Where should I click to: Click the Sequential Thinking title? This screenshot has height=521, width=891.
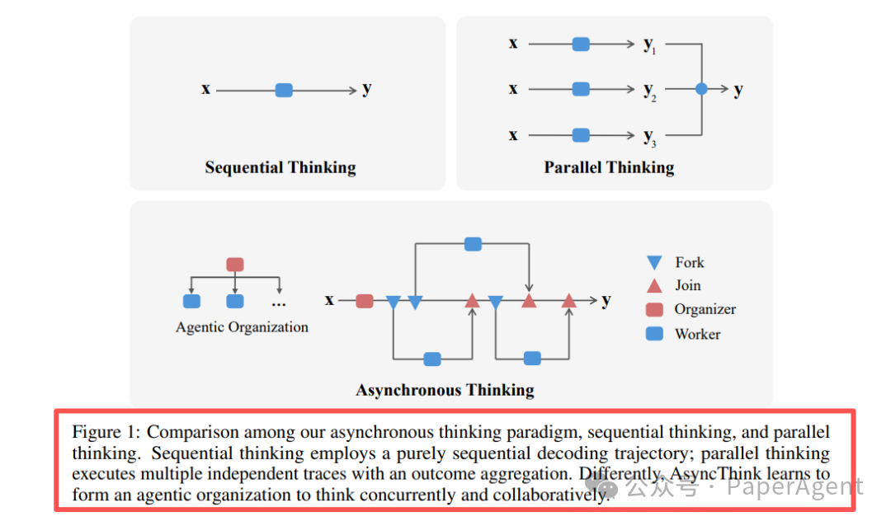[x=280, y=167]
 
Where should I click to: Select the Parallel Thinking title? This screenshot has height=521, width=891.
[x=609, y=167]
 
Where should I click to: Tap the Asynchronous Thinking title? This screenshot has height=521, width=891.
[x=445, y=390]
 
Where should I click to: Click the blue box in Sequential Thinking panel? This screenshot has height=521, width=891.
[x=284, y=90]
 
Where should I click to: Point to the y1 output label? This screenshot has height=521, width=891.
[x=649, y=45]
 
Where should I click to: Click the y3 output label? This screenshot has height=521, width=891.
[x=649, y=135]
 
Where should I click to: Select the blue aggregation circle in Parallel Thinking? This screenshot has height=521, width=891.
[x=701, y=89]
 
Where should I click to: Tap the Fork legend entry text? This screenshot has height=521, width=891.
[x=690, y=262]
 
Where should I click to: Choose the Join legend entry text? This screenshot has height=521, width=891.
[x=688, y=285]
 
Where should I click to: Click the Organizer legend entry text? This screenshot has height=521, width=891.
[x=705, y=309]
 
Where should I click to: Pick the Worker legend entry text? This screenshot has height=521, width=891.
[x=697, y=334]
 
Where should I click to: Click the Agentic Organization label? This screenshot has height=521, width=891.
[x=242, y=327]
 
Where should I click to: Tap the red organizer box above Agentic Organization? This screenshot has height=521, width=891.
[x=235, y=265]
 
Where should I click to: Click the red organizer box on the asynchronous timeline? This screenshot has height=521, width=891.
[x=365, y=301]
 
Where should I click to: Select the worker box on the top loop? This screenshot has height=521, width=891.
[x=473, y=243]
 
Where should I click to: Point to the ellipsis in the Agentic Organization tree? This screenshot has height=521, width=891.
[x=279, y=303]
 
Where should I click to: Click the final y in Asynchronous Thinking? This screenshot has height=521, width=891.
[x=606, y=300]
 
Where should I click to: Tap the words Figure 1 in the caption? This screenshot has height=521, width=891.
[x=105, y=432]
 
